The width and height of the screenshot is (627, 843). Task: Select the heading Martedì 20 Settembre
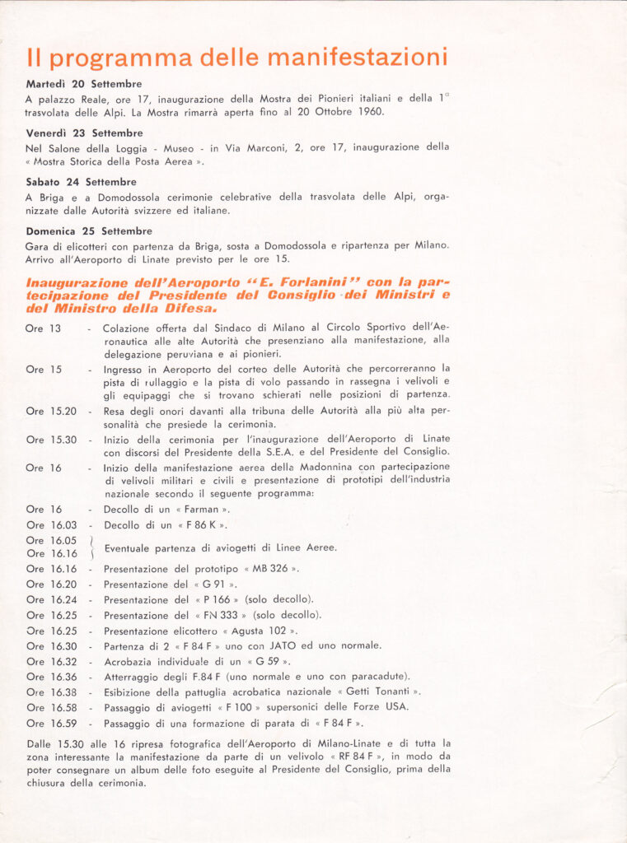click(x=83, y=84)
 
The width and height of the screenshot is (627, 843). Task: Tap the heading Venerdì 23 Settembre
click(x=84, y=133)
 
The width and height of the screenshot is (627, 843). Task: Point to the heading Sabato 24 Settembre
click(x=81, y=182)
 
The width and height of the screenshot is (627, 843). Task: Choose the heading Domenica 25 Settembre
click(x=89, y=231)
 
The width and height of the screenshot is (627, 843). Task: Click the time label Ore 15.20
click(x=51, y=411)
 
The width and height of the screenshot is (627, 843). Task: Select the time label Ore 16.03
click(x=51, y=525)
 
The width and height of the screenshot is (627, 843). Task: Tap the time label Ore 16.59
click(x=51, y=724)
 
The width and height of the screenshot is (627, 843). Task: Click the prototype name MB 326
click(x=271, y=569)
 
